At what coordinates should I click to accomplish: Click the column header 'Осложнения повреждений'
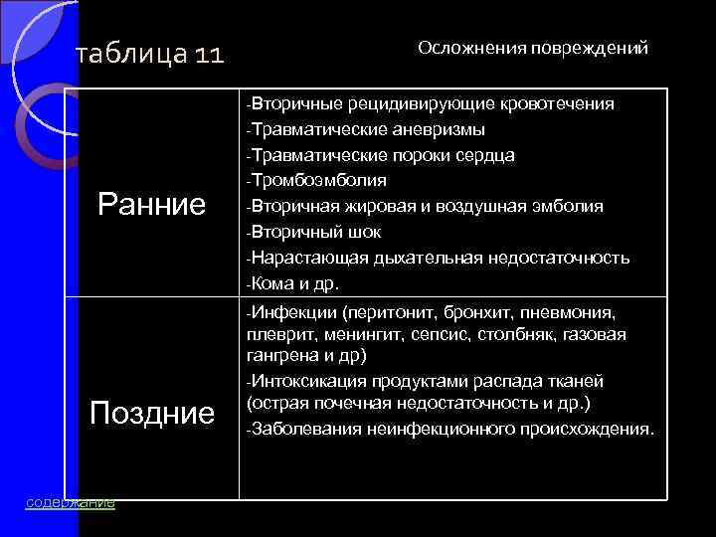point(533,48)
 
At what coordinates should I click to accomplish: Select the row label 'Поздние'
point(152,411)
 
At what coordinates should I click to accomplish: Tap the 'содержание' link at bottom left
point(70,502)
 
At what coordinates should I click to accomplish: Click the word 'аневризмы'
point(439,129)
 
